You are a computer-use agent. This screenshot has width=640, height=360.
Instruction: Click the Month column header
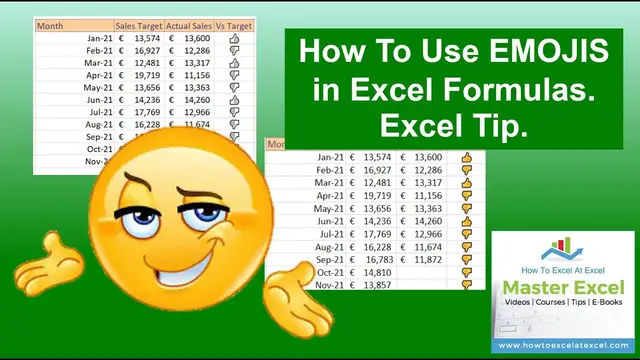(x=53, y=26)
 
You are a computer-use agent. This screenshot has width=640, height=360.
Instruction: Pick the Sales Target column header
(x=138, y=26)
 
